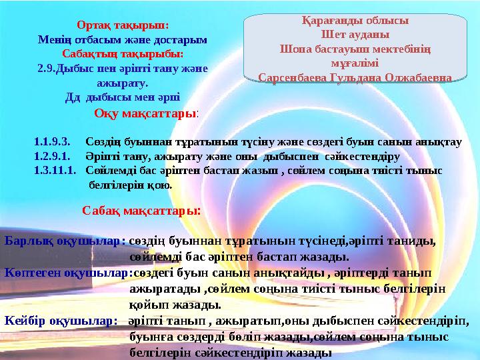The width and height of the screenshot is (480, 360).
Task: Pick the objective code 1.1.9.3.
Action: point(51,143)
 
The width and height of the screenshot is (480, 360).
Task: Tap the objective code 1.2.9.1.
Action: point(51,157)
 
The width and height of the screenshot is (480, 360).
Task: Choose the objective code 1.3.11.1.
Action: point(54,171)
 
